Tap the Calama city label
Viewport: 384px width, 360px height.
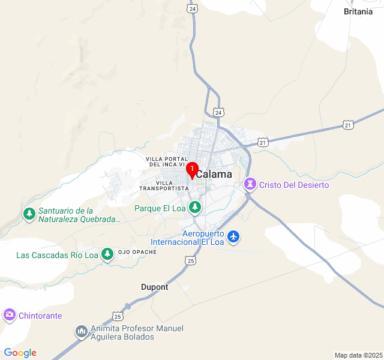[x=214, y=174]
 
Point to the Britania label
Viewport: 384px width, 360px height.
[x=358, y=11]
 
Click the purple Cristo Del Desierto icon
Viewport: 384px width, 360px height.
[x=250, y=185]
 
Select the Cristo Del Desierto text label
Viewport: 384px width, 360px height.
[x=294, y=185]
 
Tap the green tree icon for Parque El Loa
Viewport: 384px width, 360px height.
[x=194, y=208]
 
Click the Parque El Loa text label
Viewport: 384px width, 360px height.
[x=160, y=209]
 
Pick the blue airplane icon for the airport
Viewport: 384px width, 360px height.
[x=234, y=237]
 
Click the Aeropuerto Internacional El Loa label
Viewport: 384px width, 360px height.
[x=187, y=238]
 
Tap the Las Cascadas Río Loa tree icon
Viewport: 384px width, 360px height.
[x=107, y=254]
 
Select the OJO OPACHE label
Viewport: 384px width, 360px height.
[x=137, y=252]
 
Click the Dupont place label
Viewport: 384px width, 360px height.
[x=155, y=287]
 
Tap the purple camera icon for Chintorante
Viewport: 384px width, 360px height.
[x=9, y=314]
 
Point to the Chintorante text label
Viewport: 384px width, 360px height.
[x=40, y=315]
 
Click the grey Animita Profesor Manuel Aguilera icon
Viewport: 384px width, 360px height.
[x=82, y=331]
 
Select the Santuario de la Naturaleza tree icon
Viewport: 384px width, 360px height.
[x=29, y=214]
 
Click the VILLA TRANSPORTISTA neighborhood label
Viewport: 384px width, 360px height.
[x=164, y=185]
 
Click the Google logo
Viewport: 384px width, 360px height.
[x=20, y=353]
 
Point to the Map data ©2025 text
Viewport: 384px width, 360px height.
[x=358, y=355]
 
